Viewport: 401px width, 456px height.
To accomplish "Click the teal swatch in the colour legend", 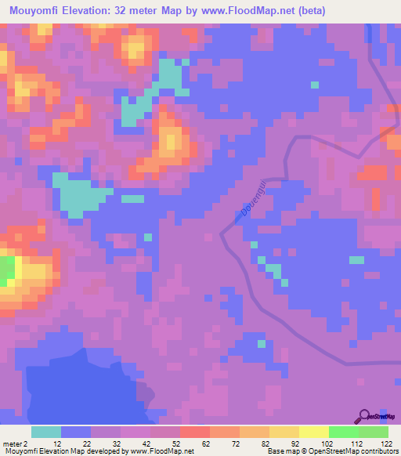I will point(46,431).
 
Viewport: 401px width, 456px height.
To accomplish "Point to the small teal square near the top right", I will point(315,84).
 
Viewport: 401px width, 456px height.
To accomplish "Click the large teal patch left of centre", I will point(78,196).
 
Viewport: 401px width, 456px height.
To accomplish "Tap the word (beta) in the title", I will point(308,10).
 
